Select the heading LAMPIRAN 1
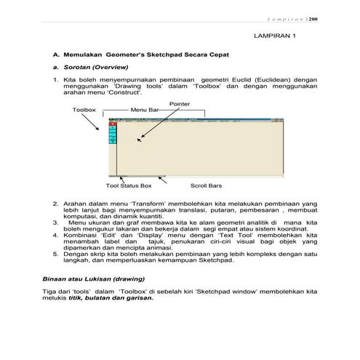[x=275, y=35]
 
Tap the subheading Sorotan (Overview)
[x=91, y=66]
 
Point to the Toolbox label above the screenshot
[x=84, y=110]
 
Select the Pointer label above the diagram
[x=180, y=104]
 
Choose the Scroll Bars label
[x=206, y=185]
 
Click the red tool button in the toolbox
[x=113, y=126]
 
